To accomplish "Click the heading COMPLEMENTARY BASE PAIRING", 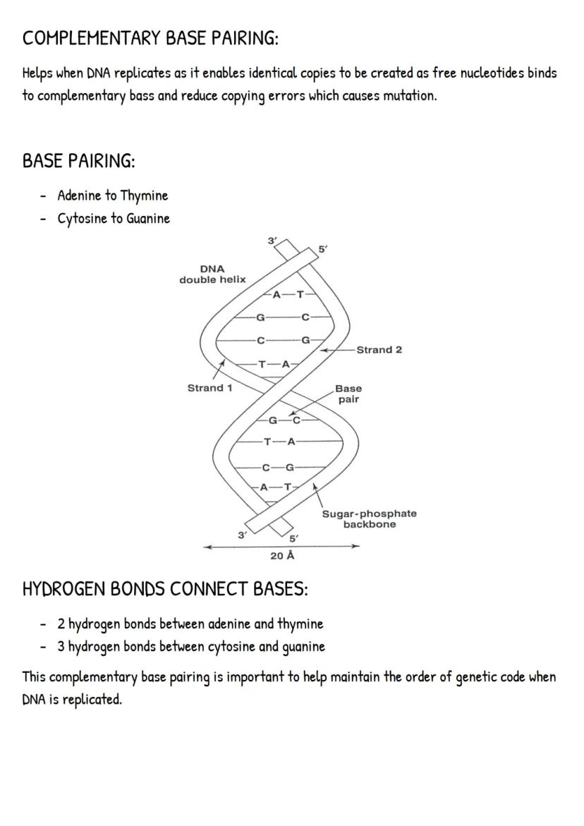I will [x=150, y=38].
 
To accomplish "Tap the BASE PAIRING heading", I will [x=78, y=161].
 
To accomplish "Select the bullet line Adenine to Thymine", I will [x=113, y=195].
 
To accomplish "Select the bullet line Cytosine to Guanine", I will [x=114, y=219].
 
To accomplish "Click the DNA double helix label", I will [x=212, y=274].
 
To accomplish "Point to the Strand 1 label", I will [x=209, y=388].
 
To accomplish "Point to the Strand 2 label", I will [x=379, y=350].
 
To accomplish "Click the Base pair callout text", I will [x=348, y=394].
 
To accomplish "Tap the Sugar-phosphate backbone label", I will [x=369, y=518].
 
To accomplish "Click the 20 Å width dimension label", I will [x=282, y=556].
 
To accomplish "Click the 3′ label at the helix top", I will [x=272, y=241].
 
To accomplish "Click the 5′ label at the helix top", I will [x=322, y=250].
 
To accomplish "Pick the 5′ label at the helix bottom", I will [x=294, y=538].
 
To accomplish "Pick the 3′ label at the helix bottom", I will [x=242, y=535].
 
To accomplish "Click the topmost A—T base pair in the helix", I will [x=287, y=295].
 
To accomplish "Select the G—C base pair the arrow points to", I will [x=284, y=421].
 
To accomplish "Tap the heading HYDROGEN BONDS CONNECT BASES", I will [x=165, y=589].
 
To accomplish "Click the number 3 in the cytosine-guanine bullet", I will [x=61, y=646].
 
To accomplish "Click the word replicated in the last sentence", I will [x=91, y=701].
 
